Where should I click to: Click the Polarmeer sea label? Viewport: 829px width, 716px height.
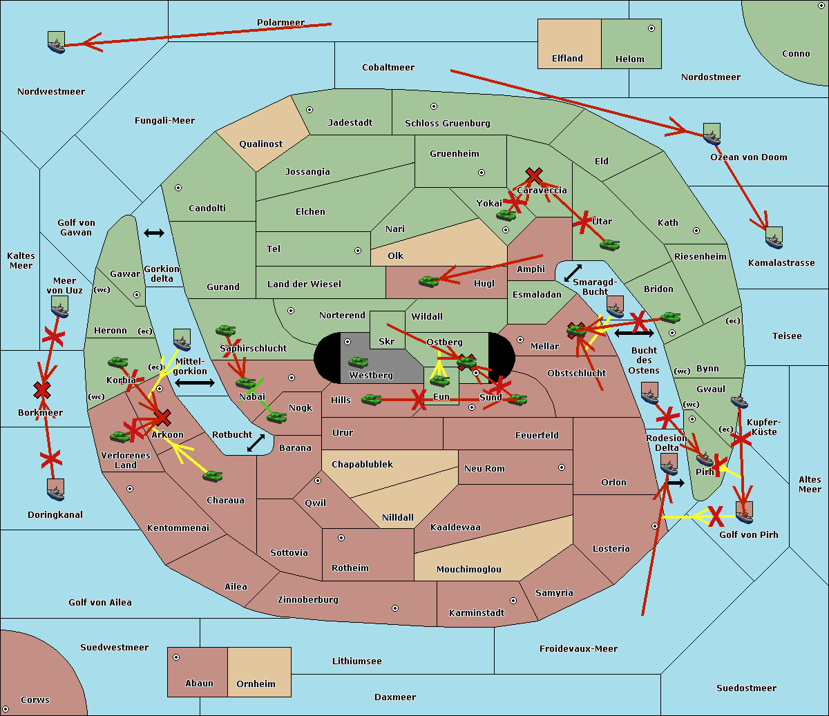[280, 23]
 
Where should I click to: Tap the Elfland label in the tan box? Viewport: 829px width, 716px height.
[567, 59]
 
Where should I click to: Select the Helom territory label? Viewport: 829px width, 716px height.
[629, 59]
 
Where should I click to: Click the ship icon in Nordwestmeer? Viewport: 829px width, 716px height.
[56, 42]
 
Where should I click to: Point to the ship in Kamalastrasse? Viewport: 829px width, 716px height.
[774, 238]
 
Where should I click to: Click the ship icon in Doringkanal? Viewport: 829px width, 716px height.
[56, 490]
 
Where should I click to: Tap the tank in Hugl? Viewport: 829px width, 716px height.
[429, 281]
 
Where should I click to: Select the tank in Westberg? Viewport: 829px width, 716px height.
[358, 362]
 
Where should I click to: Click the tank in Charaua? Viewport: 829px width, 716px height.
[212, 476]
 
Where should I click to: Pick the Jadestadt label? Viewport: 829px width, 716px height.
[350, 123]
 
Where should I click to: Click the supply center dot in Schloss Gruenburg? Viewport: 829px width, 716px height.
[434, 106]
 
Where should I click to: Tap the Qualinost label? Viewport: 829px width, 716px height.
[260, 144]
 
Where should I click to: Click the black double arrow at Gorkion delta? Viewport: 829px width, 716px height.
[154, 233]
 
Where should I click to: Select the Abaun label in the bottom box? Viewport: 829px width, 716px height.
[199, 684]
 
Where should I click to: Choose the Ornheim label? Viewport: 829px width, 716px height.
[256, 684]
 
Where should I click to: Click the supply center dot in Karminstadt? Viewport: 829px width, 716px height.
[513, 601]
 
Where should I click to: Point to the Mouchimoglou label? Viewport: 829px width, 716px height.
[468, 570]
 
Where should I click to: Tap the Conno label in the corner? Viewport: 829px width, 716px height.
[796, 54]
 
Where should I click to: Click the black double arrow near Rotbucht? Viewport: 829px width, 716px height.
[256, 443]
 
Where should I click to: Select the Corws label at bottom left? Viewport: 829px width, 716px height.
[35, 700]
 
